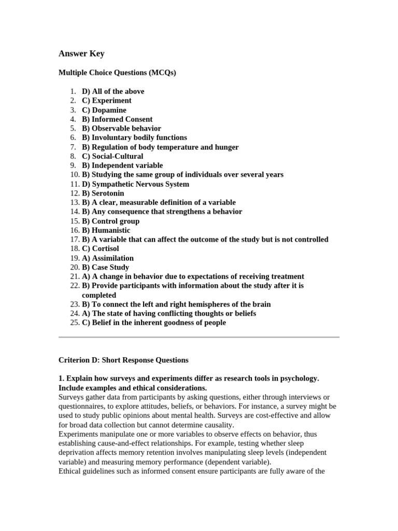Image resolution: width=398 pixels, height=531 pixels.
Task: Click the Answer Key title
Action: click(x=81, y=53)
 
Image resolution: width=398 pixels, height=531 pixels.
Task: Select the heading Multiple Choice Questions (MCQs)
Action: click(x=117, y=73)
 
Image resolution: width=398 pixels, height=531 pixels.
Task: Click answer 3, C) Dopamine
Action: click(x=104, y=110)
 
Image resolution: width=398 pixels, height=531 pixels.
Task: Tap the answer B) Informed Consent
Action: click(x=117, y=119)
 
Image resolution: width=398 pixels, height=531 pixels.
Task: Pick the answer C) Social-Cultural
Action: click(x=112, y=156)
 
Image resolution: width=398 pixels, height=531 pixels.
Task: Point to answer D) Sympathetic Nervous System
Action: click(x=135, y=184)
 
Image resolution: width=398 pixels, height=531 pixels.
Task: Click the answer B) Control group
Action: click(x=110, y=221)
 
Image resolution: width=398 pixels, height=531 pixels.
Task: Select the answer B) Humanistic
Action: click(x=106, y=230)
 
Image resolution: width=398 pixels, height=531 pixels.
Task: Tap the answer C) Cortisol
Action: click(x=100, y=249)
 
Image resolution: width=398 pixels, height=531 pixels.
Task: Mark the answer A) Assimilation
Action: click(x=107, y=258)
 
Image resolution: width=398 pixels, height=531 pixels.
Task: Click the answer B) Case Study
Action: click(x=105, y=268)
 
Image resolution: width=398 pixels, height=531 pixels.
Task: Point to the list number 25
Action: click(x=73, y=323)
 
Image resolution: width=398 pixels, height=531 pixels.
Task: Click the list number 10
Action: click(x=73, y=175)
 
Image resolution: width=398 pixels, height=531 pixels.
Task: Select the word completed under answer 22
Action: click(x=99, y=295)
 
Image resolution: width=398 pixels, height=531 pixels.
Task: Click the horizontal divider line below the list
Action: click(x=199, y=337)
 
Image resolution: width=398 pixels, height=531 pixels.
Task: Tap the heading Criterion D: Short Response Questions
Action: click(x=123, y=360)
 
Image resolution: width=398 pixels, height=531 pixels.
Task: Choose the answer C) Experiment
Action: click(x=106, y=101)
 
